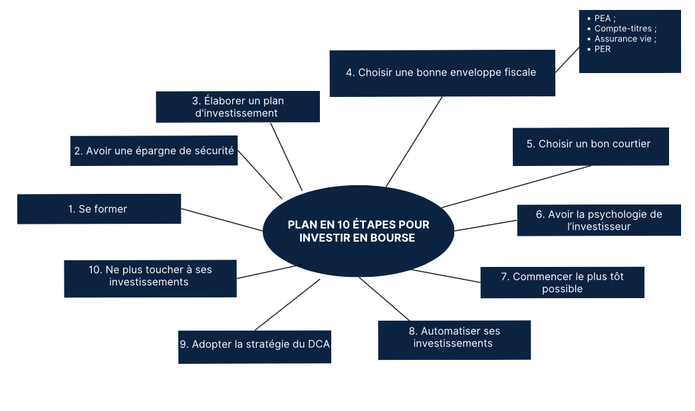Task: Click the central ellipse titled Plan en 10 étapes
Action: point(358,231)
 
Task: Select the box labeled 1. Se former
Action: point(98,208)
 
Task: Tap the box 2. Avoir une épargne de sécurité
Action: point(154,151)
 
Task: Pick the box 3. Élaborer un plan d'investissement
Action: point(237,107)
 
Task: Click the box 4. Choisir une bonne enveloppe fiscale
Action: point(442,72)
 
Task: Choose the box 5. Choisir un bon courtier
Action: point(590,146)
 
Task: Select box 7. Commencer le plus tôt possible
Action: point(562,282)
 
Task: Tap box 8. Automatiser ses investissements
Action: point(454,339)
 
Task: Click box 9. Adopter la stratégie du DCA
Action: point(254,346)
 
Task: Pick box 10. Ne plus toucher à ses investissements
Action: point(150,278)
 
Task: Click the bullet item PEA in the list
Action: point(604,19)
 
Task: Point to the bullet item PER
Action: point(603,48)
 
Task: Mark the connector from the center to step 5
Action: point(517,187)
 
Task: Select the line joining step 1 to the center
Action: point(222,220)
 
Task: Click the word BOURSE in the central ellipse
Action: point(392,238)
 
